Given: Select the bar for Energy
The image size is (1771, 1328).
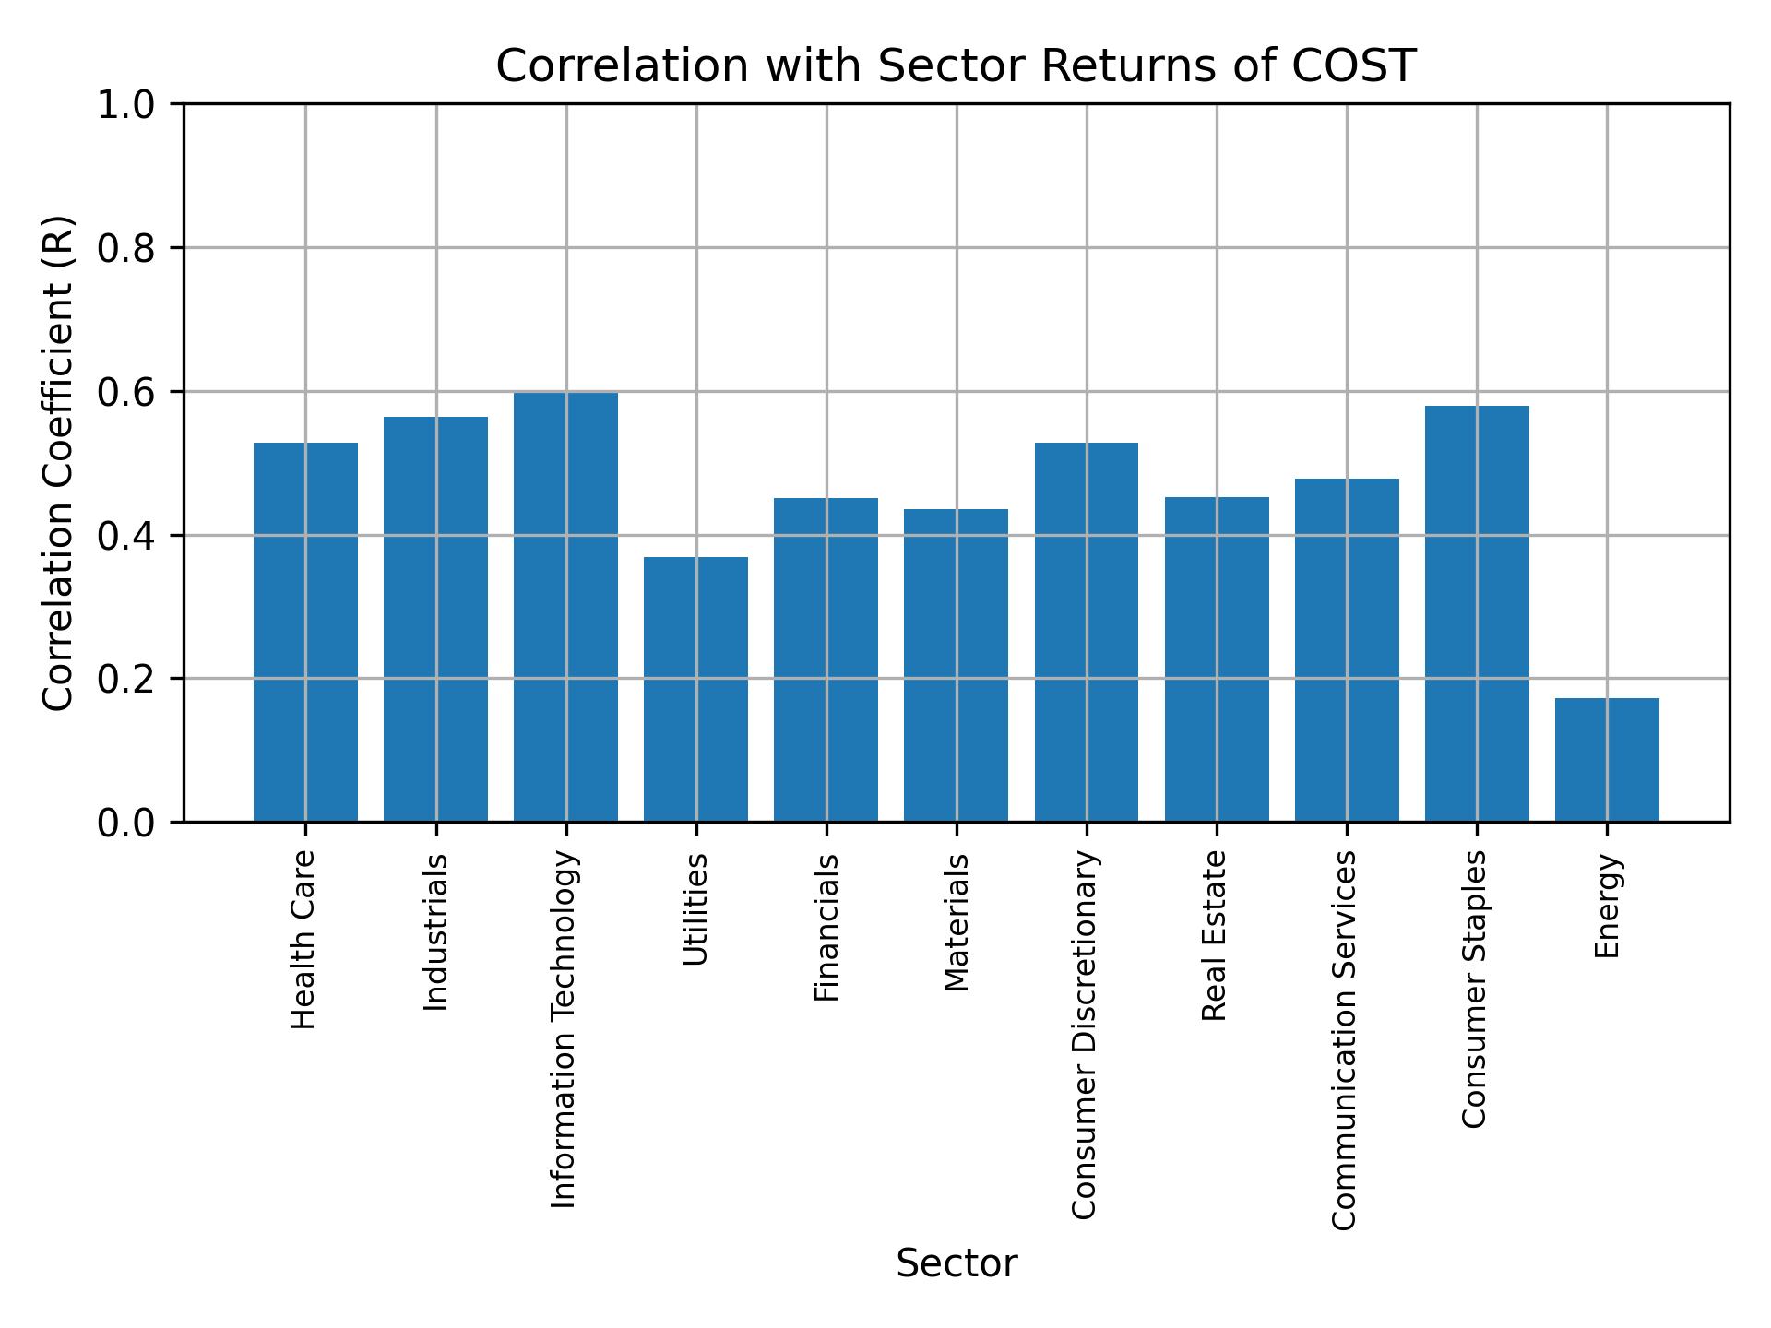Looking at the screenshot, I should (1607, 760).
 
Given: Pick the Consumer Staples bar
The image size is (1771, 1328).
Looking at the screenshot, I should (1477, 613).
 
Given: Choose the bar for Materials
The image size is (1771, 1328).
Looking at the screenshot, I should (956, 665).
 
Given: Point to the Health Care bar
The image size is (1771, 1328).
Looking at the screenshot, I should (305, 632).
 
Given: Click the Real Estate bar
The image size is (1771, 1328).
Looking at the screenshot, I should (1217, 659).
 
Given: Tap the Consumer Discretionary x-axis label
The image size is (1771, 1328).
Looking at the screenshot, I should (1085, 1035).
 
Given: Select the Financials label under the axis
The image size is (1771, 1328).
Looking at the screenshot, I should (826, 927).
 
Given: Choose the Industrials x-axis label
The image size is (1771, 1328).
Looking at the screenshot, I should (435, 931).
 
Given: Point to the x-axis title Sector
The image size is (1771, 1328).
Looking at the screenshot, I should (957, 1263).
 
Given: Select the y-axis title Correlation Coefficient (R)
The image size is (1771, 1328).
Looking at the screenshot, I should (57, 463).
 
